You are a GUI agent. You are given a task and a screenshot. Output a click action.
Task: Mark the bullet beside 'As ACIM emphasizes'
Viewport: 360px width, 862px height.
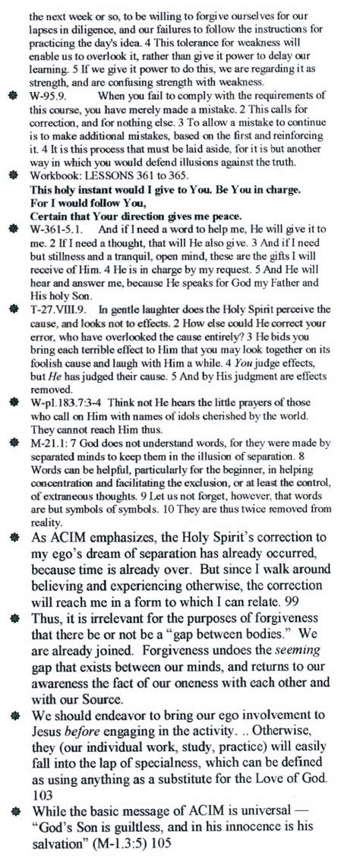point(11,538)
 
